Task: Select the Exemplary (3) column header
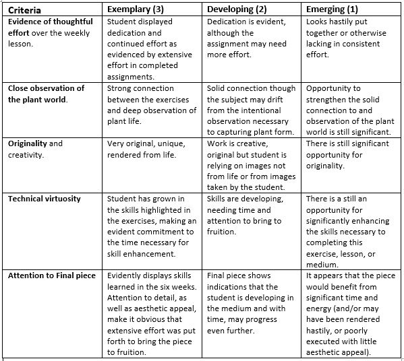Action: coord(138,9)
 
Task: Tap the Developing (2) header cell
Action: coord(239,9)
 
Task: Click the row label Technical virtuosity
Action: coord(45,199)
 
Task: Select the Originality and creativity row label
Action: coord(36,149)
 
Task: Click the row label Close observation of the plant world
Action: coord(47,94)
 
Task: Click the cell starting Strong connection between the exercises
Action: coord(152,105)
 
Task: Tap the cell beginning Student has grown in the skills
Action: coord(152,226)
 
